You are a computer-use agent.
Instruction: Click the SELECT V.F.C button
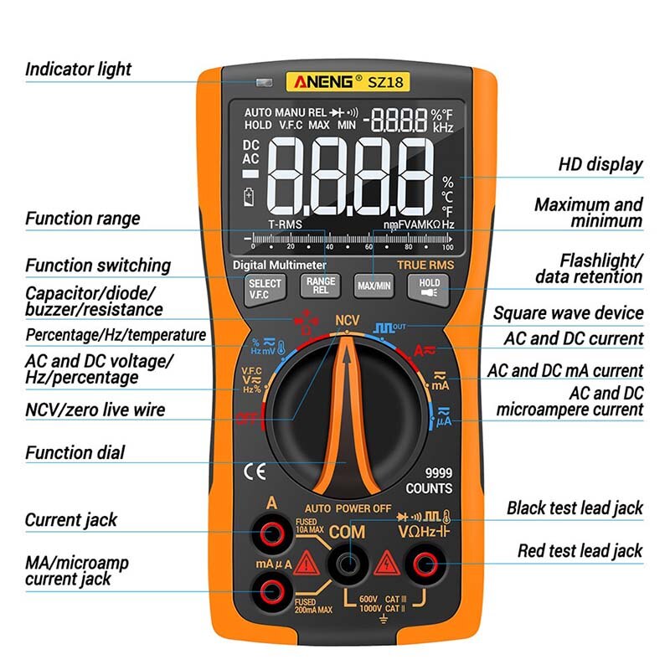265,288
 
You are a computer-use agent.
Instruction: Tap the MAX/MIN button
374,286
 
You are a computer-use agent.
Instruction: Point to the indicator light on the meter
265,83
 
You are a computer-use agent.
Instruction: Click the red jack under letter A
272,533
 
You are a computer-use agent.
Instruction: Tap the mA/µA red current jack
272,592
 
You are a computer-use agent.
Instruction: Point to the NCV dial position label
347,321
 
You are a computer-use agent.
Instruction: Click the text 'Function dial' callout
75,453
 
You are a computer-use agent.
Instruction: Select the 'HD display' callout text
600,164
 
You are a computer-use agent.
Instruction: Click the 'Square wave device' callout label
568,313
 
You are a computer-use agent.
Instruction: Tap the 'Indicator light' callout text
78,69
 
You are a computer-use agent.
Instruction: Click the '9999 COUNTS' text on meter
429,480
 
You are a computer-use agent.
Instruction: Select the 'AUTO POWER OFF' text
348,508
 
